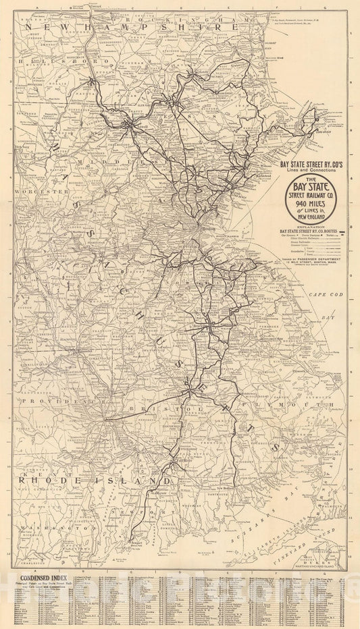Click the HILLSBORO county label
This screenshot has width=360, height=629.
51,60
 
